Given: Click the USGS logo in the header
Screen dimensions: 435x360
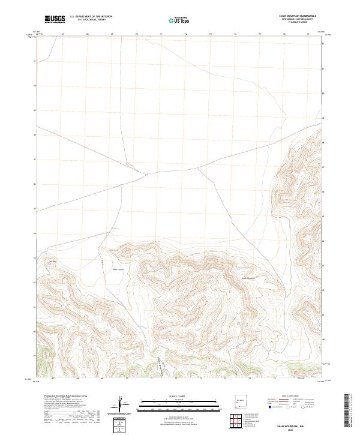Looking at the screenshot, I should pyautogui.click(x=55, y=19).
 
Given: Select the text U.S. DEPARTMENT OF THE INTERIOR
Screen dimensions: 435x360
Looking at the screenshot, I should pyautogui.click(x=91, y=17).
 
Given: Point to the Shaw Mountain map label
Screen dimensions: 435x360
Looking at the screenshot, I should pyautogui.click(x=248, y=278).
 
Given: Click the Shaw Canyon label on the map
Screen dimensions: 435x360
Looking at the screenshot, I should pyautogui.click(x=118, y=269).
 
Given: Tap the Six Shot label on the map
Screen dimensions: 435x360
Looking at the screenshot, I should pyautogui.click(x=52, y=261).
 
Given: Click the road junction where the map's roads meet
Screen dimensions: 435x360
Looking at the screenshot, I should pyautogui.click(x=145, y=174).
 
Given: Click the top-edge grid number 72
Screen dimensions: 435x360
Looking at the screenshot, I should pyautogui.click(x=186, y=34).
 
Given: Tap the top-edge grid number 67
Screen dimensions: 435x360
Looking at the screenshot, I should pyautogui.click(x=63, y=34).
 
